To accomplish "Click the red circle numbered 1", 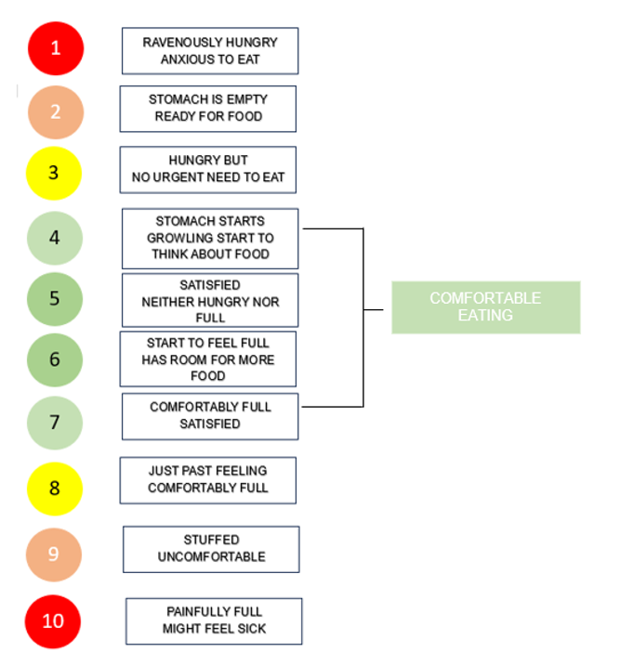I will click(x=55, y=48).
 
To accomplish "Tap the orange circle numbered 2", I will click(x=55, y=111).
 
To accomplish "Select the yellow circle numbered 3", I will click(x=54, y=174).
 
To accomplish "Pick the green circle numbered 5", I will click(x=54, y=299).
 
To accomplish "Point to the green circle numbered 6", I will click(x=54, y=359).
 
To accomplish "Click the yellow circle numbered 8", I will click(x=54, y=488).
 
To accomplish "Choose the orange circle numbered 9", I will click(x=54, y=554).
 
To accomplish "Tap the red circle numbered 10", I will click(x=54, y=620).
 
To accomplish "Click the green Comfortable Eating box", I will click(x=485, y=307).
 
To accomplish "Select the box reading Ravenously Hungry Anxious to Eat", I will click(x=210, y=51).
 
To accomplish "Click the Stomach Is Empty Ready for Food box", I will click(x=207, y=109).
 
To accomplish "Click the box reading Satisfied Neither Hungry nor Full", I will click(x=210, y=301).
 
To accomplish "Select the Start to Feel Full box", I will click(x=207, y=359).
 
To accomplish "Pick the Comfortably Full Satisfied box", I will click(x=210, y=416).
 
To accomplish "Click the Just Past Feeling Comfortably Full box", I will click(x=207, y=479).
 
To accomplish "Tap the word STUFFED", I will click(x=211, y=540).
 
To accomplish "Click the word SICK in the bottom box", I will click(x=250, y=629).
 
